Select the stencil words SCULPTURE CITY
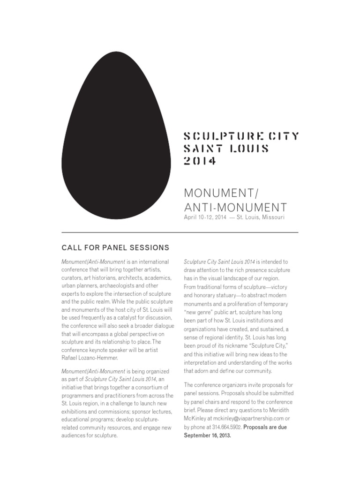241,136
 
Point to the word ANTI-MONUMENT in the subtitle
235,207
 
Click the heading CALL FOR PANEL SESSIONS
115,247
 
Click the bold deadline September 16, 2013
207,435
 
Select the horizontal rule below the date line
180,232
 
